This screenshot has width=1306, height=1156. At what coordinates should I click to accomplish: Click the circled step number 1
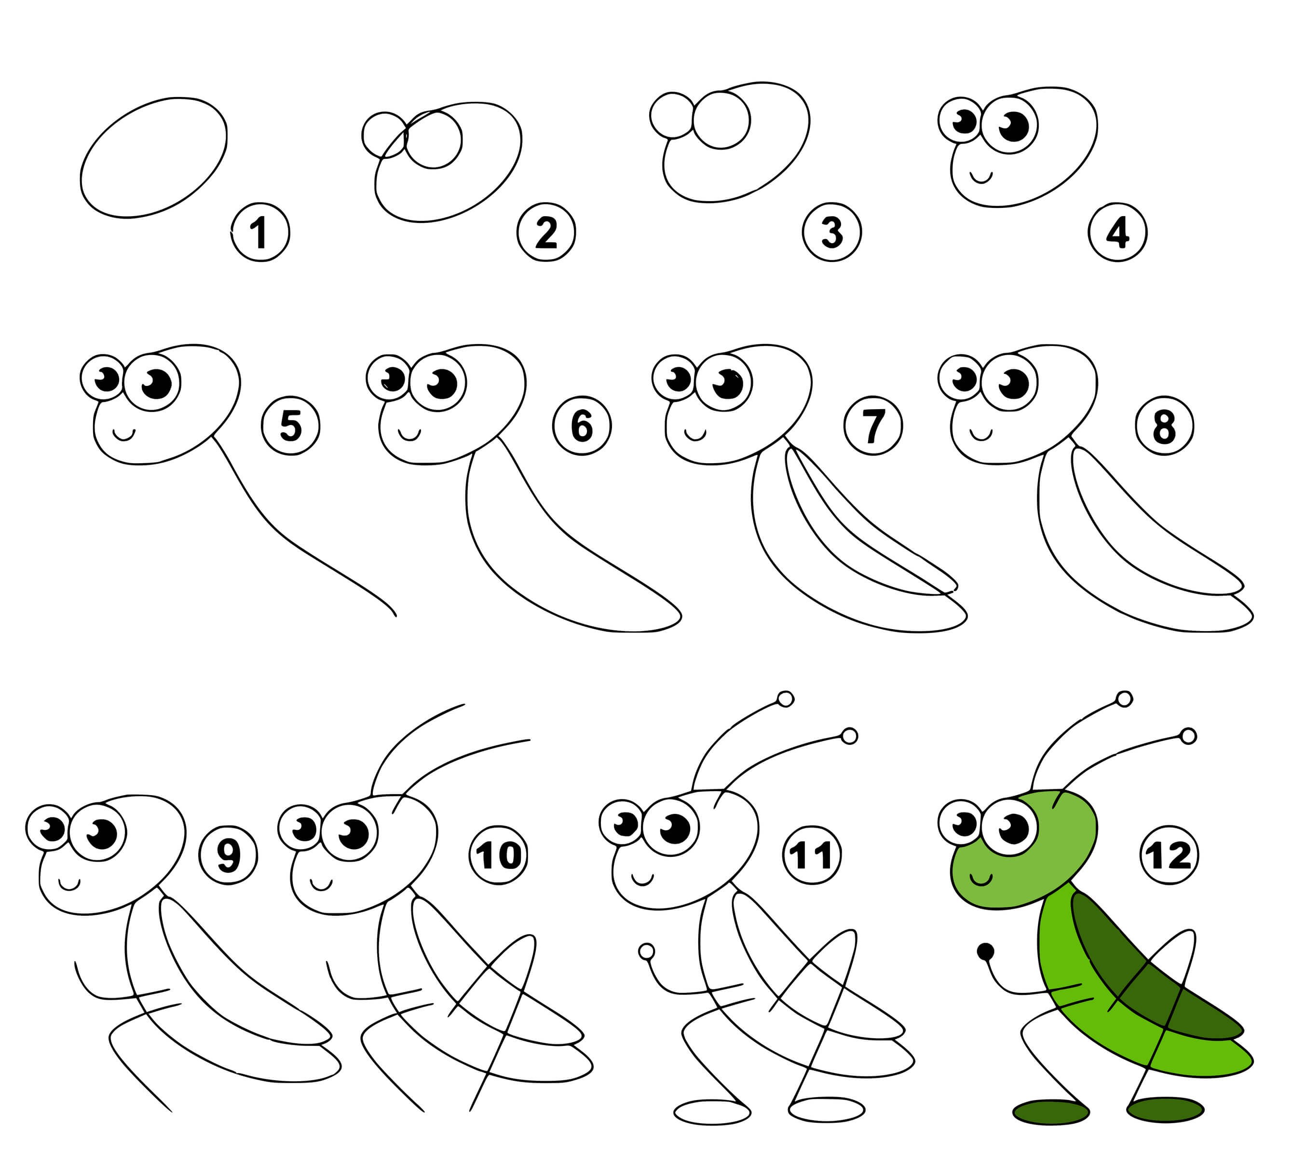tap(260, 233)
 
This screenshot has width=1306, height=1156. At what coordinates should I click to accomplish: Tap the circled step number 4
tap(1117, 233)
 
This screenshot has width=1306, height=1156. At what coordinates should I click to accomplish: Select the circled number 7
tap(873, 426)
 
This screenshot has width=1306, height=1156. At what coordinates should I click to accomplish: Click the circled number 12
tap(1169, 855)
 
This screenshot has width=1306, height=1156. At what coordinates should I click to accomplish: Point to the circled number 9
tap(228, 855)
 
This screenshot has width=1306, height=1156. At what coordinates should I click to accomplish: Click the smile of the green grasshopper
tap(981, 881)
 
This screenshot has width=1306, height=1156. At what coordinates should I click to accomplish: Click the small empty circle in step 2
tap(384, 135)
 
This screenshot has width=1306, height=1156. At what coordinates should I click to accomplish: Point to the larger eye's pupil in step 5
tap(157, 384)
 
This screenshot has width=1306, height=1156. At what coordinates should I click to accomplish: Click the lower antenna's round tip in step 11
tap(850, 736)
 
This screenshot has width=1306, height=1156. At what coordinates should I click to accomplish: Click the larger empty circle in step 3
tap(721, 120)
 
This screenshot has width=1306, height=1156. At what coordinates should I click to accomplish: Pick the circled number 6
tap(582, 426)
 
